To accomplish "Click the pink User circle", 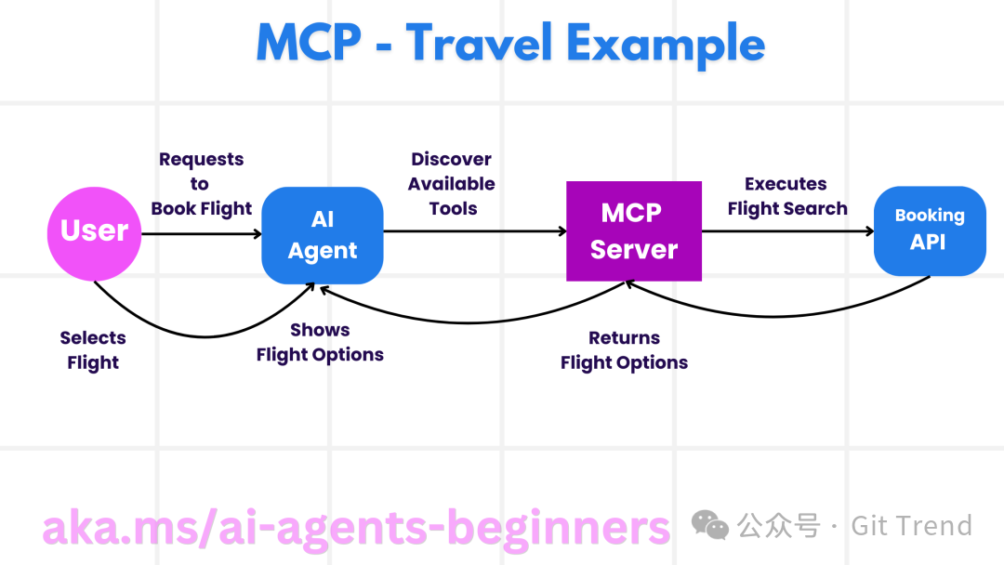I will point(94,231).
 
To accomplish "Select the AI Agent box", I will point(323,235).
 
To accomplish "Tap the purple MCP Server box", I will point(634,231).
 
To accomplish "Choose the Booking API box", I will point(929,230).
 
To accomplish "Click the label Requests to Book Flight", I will point(201,184).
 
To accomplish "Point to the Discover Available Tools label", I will point(452,184).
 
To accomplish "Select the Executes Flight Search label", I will point(786,196).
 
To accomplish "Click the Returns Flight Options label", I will point(624,350).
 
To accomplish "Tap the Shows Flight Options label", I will point(320,342).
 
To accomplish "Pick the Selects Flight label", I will point(93,350).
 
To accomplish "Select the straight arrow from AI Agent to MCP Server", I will point(474,231).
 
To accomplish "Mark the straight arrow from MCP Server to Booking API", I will point(786,231).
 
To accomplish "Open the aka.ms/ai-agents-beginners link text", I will point(356,527).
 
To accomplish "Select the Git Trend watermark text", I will point(911,525).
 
